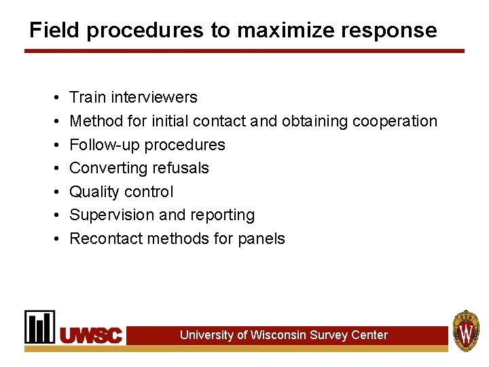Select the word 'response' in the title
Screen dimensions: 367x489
pyautogui.click(x=396, y=31)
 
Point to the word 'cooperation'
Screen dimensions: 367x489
pyautogui.click(x=393, y=122)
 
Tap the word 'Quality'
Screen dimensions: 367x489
pyautogui.click(x=95, y=192)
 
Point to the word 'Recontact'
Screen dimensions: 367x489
pyautogui.click(x=105, y=239)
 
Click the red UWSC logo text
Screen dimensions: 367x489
pyautogui.click(x=92, y=335)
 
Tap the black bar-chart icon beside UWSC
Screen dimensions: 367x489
pyautogui.click(x=40, y=327)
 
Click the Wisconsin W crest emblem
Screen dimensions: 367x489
pyautogui.click(x=467, y=331)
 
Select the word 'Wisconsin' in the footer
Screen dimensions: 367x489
pyautogui.click(x=278, y=335)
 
